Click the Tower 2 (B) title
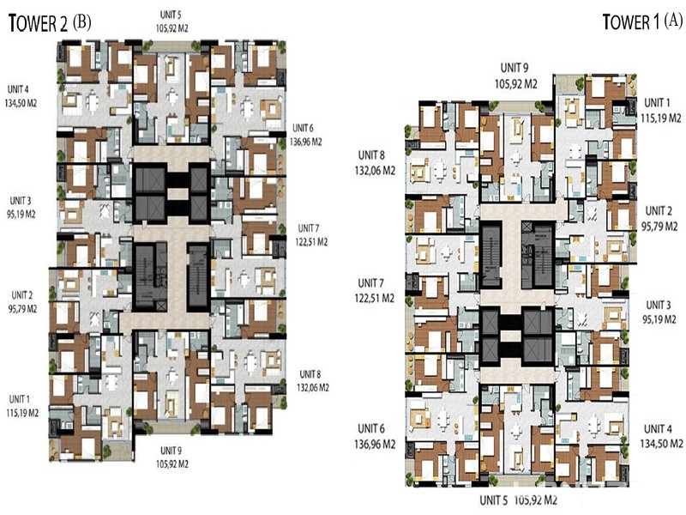coord(50,23)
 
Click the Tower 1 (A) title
coord(642,21)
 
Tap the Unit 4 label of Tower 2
coord(18,89)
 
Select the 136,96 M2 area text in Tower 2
coord(306,142)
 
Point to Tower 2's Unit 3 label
coord(21,201)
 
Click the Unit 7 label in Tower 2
coord(309,228)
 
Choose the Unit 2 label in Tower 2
coord(22,294)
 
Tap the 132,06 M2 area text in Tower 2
coord(313,388)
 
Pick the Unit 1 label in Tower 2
coord(19,399)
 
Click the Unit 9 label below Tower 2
coord(171,450)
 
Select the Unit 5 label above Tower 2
coord(171,15)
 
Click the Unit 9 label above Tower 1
coord(514,68)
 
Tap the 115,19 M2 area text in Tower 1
coord(661,118)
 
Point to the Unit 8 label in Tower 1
coord(371,155)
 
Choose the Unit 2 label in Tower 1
coord(659,210)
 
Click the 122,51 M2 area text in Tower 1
coord(375,298)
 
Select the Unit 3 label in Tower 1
coord(658,305)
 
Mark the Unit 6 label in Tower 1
coord(371,428)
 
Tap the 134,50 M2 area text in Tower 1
coord(661,444)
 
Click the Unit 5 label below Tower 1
coord(493,500)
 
